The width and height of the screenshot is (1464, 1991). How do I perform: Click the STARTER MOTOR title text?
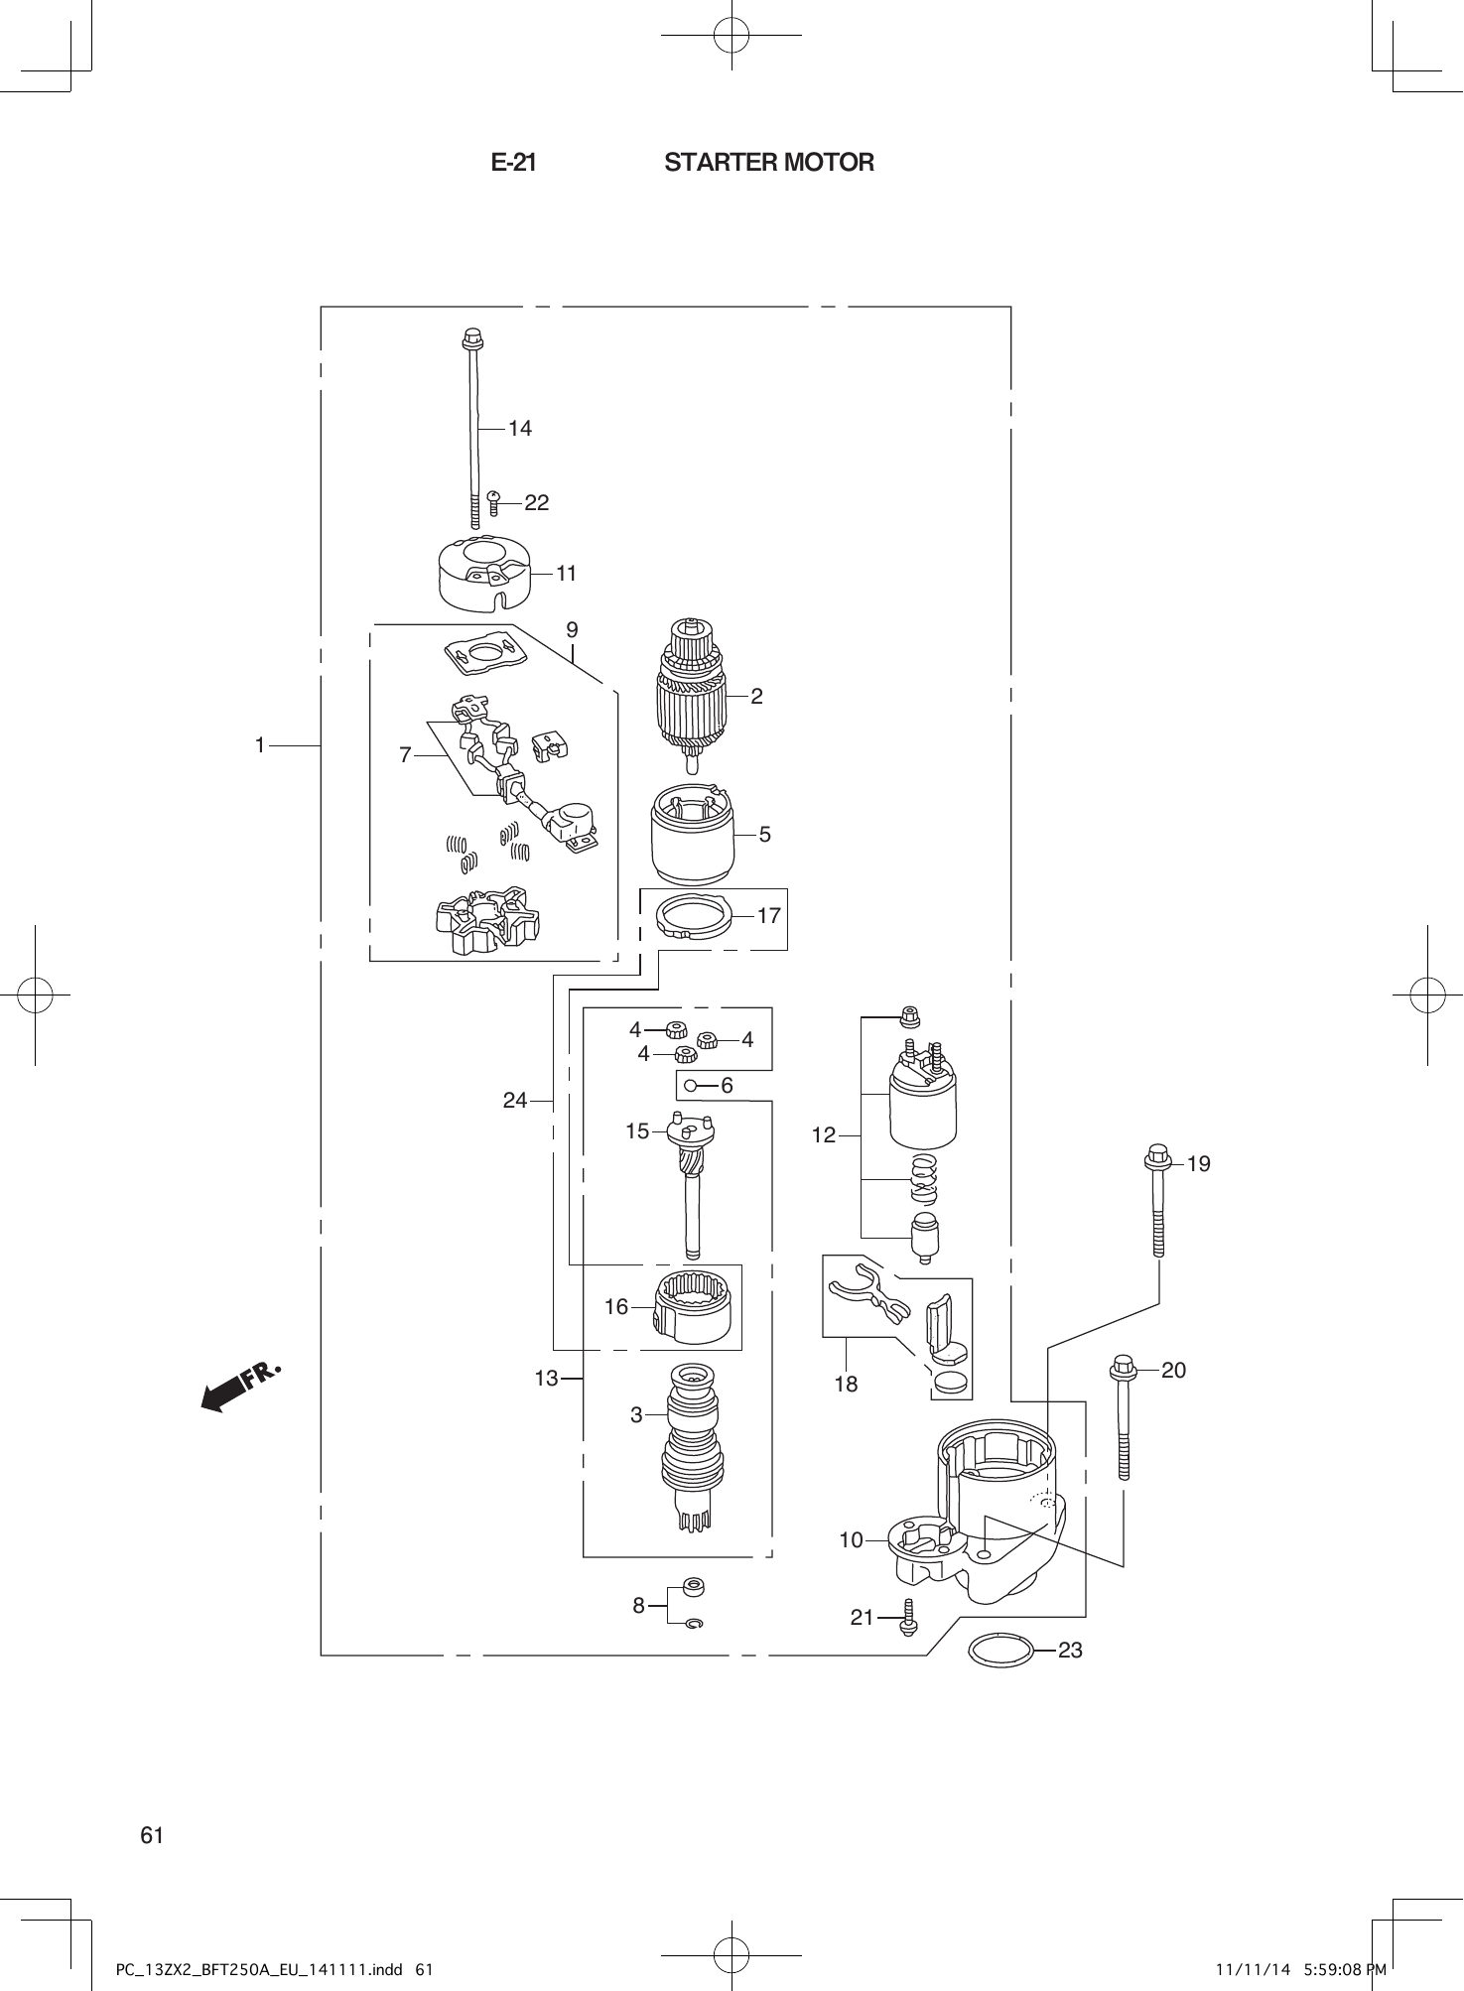click(x=769, y=163)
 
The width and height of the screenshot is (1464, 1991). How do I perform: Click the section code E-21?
click(x=513, y=163)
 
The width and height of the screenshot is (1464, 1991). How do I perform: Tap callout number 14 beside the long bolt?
click(x=520, y=429)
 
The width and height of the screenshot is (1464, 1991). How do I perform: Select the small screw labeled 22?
click(x=493, y=502)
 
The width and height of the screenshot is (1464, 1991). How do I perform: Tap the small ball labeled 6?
click(x=689, y=1086)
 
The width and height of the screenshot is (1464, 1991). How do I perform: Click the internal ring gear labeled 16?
click(x=694, y=1305)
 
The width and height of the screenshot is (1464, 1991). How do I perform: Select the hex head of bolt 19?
click(x=1156, y=1156)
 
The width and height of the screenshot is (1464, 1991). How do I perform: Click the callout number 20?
click(x=1173, y=1371)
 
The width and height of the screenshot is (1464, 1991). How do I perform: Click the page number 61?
click(x=152, y=1835)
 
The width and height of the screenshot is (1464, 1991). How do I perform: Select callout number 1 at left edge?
click(x=260, y=744)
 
